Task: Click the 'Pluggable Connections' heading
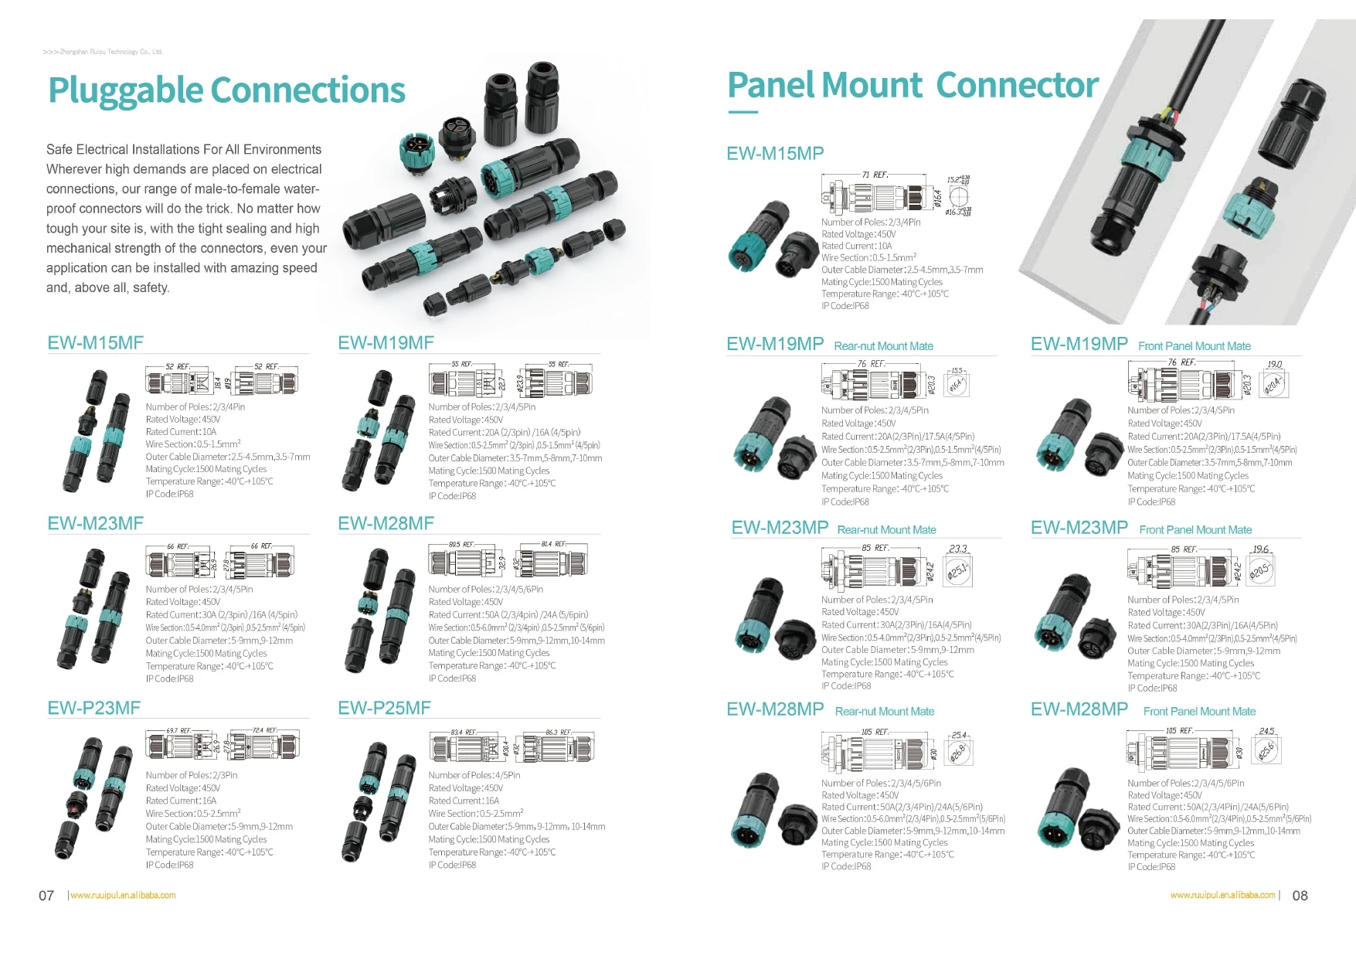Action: click(226, 90)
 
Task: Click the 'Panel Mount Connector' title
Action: click(912, 85)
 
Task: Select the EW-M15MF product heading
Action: click(95, 343)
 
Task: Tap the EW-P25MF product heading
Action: click(384, 708)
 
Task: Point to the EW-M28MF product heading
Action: click(386, 524)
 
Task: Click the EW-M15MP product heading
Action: click(775, 153)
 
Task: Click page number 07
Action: click(46, 896)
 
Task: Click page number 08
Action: click(1300, 896)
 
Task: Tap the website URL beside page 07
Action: click(124, 896)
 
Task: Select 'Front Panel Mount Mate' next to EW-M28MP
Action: click(1199, 712)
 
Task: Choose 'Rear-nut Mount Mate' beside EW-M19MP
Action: click(883, 346)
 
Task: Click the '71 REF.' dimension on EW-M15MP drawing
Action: click(875, 175)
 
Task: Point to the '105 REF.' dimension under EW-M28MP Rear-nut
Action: click(877, 732)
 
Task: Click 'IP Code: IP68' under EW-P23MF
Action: click(170, 865)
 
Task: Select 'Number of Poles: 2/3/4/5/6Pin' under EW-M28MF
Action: click(486, 589)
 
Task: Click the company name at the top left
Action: click(103, 52)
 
